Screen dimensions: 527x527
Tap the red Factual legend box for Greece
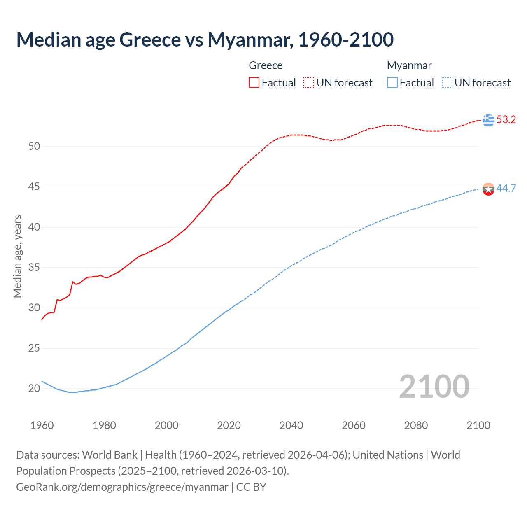click(x=254, y=83)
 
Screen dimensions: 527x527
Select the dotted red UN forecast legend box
click(x=308, y=83)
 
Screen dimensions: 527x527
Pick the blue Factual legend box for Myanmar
click(x=392, y=83)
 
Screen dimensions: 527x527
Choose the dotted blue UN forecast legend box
click(x=447, y=83)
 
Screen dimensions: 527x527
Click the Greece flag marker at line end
click(x=488, y=120)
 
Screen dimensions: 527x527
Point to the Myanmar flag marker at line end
click(x=488, y=189)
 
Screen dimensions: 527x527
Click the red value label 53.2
click(x=506, y=120)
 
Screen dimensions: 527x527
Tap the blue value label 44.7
click(x=506, y=189)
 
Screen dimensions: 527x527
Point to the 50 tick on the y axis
click(x=34, y=147)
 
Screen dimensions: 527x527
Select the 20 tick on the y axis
click(x=34, y=388)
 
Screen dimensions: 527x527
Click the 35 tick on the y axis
click(x=34, y=268)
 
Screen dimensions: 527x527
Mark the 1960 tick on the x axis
click(x=42, y=425)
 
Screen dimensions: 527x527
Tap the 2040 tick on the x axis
click(x=291, y=425)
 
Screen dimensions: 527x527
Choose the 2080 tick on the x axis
click(x=416, y=425)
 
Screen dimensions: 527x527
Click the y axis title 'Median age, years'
click(x=18, y=256)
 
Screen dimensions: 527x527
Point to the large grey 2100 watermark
click(x=434, y=387)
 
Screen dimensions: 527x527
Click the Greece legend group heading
click(x=266, y=66)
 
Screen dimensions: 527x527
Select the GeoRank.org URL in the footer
click(x=122, y=487)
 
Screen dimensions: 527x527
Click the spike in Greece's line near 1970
click(x=73, y=282)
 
